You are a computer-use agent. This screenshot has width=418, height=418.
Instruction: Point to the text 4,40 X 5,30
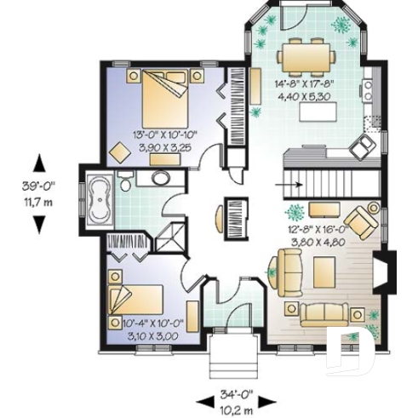(306, 96)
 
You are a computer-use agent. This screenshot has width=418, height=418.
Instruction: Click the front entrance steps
(232, 355)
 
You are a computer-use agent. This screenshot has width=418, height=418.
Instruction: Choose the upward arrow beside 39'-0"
(37, 163)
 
